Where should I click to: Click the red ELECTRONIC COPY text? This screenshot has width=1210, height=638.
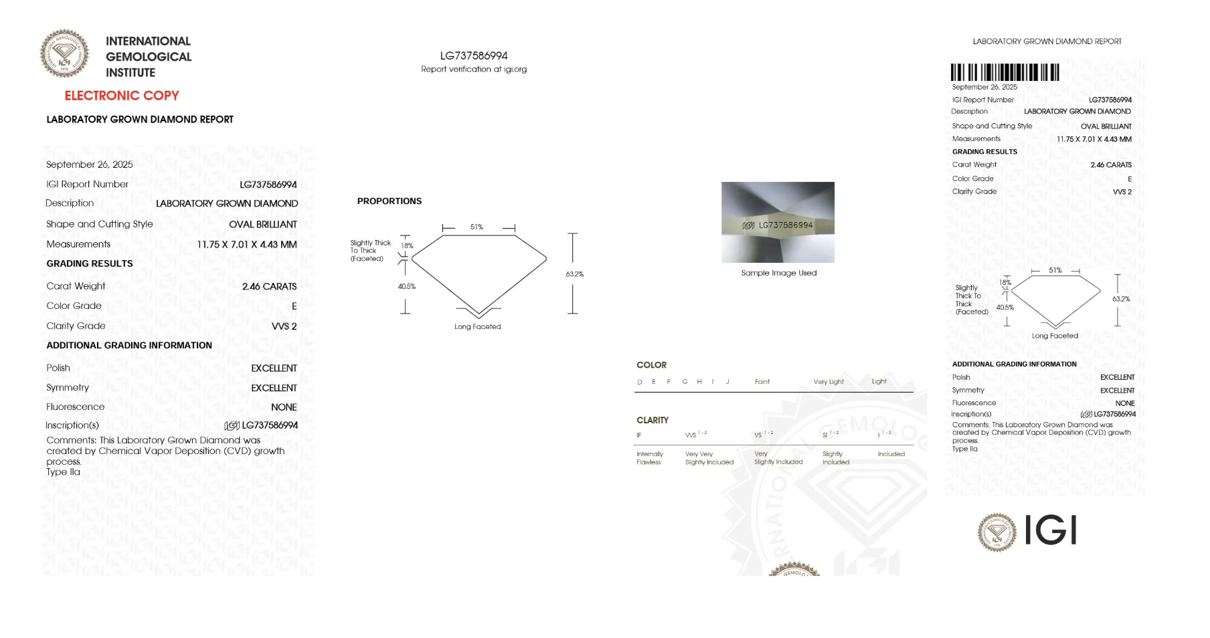pyautogui.click(x=122, y=96)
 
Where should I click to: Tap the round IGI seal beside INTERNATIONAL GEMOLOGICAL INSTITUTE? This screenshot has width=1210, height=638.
pyautogui.click(x=64, y=54)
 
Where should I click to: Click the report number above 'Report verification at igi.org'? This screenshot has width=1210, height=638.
pyautogui.click(x=474, y=56)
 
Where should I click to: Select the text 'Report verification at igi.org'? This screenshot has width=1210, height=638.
pyautogui.click(x=474, y=69)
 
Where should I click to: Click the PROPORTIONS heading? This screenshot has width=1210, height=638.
pyautogui.click(x=390, y=201)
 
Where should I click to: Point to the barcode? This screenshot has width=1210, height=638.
pyautogui.click(x=1005, y=72)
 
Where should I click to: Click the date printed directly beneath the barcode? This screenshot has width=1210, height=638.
pyautogui.click(x=984, y=87)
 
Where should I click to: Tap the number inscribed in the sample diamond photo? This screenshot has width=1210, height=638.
pyautogui.click(x=785, y=225)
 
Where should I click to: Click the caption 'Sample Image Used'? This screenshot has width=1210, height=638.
pyautogui.click(x=779, y=273)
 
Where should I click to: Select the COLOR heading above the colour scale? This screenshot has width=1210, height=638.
pyautogui.click(x=651, y=365)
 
